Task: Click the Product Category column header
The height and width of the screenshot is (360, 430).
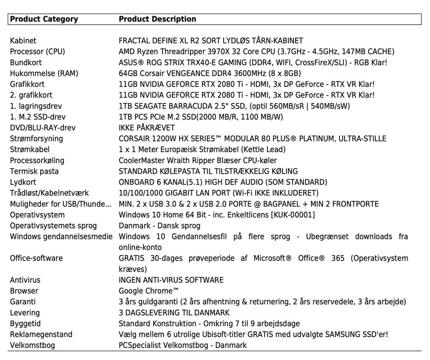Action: coord(44,19)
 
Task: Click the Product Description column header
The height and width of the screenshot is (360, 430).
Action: coord(157,19)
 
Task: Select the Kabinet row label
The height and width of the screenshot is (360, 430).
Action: coord(23,41)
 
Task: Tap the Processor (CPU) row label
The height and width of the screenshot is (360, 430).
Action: coord(38,51)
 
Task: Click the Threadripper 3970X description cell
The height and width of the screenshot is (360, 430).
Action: coord(256,51)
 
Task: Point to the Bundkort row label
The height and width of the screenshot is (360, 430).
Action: coord(26,62)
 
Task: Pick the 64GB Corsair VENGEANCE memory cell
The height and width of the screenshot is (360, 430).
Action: coord(210,73)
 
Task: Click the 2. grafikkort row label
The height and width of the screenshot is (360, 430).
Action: coord(31,95)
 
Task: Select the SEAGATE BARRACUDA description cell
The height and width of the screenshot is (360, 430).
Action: coord(234,106)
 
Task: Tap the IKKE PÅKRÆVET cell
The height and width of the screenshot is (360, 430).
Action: coord(146,128)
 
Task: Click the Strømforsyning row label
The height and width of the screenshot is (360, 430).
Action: coord(36,139)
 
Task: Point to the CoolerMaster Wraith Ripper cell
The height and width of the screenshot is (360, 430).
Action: coord(198,160)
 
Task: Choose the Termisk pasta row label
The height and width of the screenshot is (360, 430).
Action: coord(34,171)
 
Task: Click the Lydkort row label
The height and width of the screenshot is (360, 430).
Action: coord(23,182)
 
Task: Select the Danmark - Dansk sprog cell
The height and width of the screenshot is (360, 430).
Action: coord(159,226)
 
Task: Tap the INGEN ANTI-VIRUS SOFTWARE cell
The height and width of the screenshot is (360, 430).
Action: coord(171,280)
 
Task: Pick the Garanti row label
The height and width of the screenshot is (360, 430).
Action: coord(22,302)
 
